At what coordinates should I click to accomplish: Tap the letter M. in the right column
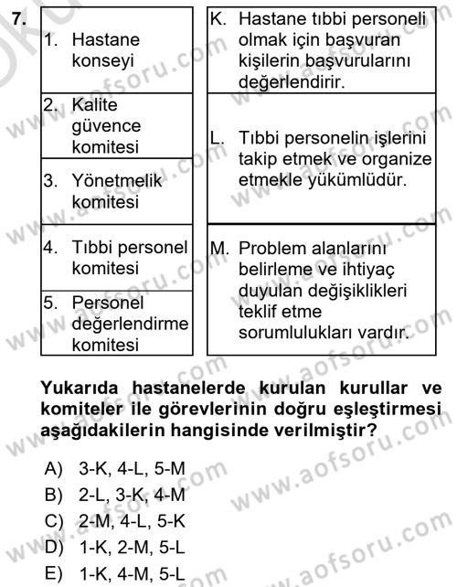(x=219, y=249)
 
